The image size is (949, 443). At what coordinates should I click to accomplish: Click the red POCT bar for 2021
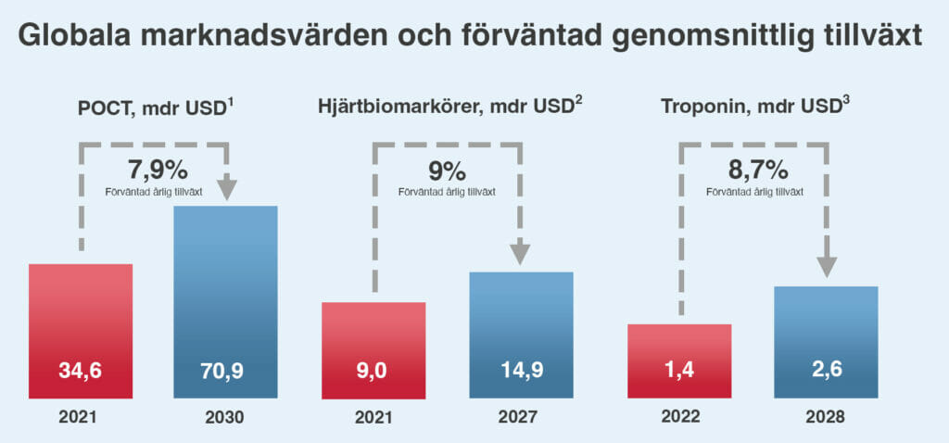pos(81,331)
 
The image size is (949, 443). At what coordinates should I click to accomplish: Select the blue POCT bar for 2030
pos(226,302)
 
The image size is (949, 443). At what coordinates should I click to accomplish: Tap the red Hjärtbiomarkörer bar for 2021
pos(373,350)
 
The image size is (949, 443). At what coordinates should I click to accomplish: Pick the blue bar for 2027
pos(521,335)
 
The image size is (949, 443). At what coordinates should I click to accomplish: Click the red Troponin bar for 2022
pos(679,361)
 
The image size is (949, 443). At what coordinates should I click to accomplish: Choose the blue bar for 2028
pos(826,342)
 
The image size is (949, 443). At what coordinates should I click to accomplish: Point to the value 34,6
pos(81,371)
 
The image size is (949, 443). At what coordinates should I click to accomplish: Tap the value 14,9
pos(521,371)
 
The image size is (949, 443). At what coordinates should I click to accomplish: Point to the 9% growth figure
pos(447,171)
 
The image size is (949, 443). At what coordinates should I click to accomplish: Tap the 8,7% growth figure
pos(758,171)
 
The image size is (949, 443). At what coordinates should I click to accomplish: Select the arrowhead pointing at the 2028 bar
pos(827,267)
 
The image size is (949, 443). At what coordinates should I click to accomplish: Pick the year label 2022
pos(679,417)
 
